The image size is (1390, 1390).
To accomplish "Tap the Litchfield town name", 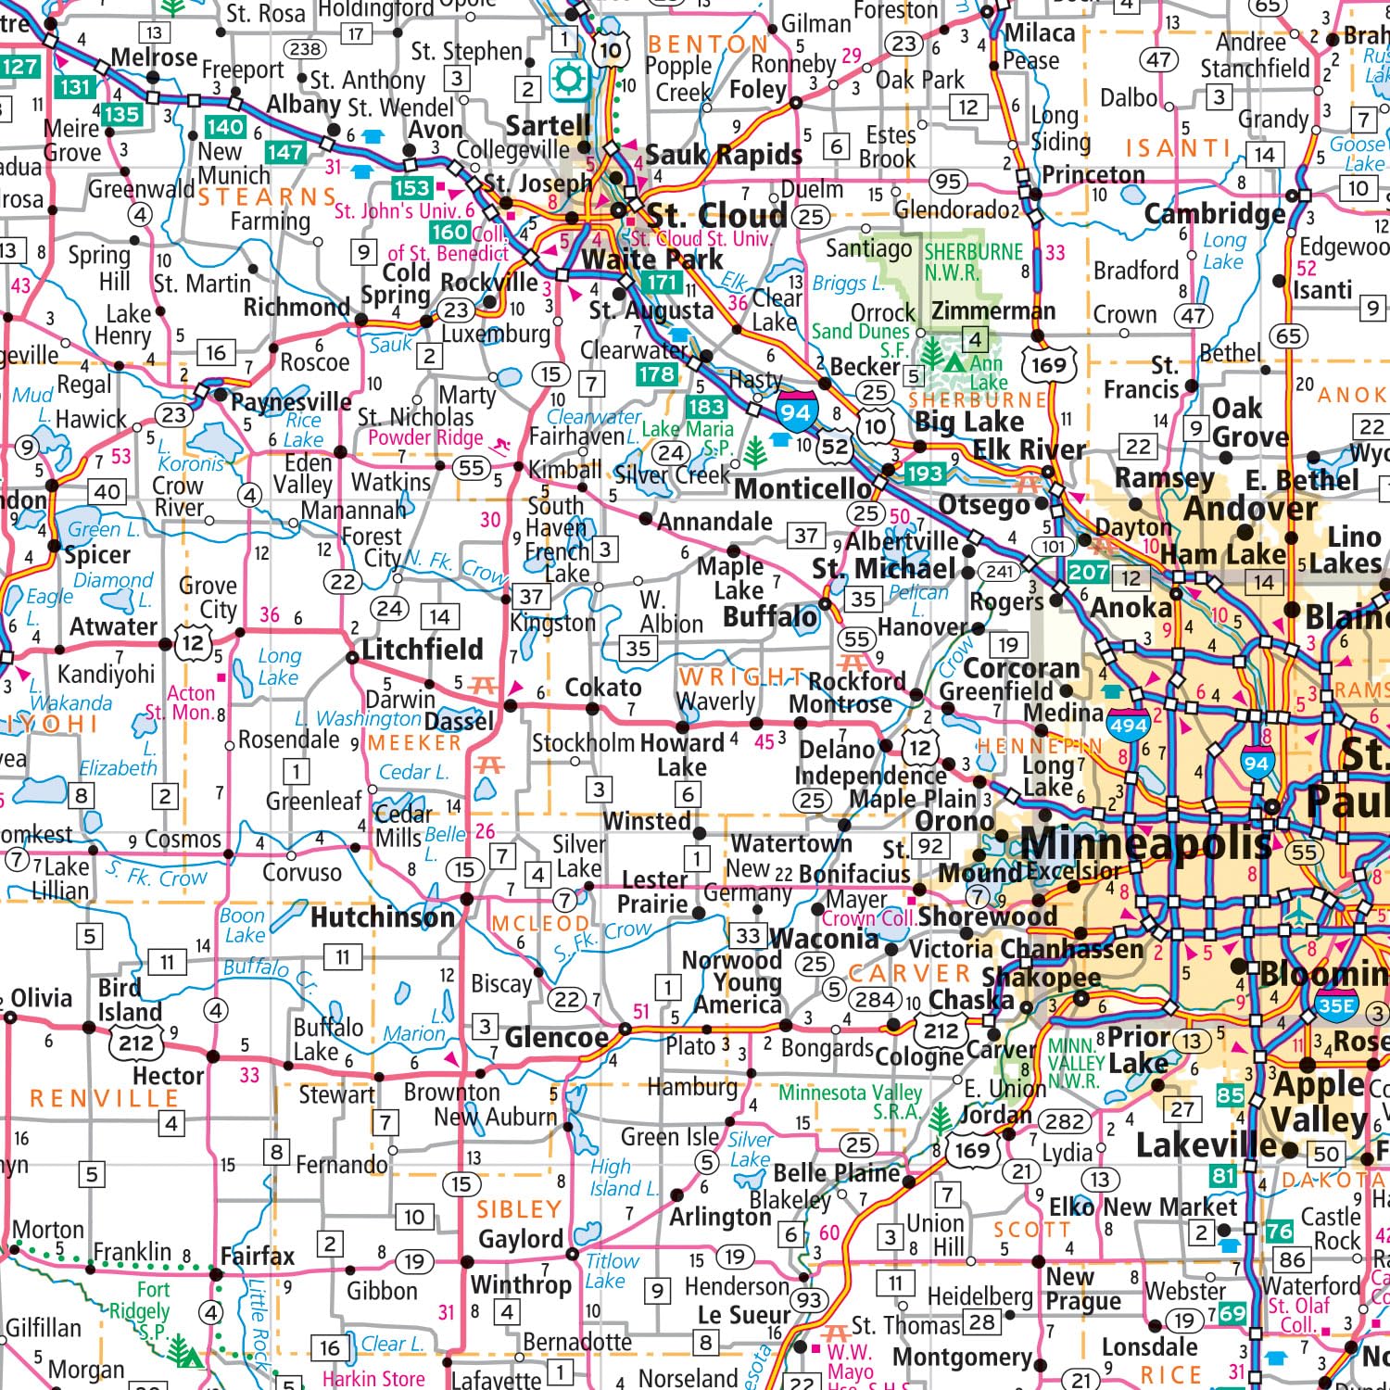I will (x=422, y=650).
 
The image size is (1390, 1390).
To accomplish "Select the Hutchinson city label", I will (x=383, y=917).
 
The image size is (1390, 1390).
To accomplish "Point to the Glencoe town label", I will (x=556, y=1038).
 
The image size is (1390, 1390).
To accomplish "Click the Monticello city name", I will (x=802, y=488).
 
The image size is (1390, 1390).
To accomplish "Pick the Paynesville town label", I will (x=291, y=401).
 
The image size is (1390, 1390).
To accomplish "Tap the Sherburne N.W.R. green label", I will (x=973, y=262).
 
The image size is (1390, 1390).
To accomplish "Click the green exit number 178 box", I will (x=656, y=374).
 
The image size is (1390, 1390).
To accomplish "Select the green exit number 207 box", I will (x=1087, y=572).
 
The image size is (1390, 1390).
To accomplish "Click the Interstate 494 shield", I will (x=1128, y=723).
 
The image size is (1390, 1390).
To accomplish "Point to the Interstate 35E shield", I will (x=1335, y=1004).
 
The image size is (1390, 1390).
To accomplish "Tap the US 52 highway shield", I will (x=834, y=448).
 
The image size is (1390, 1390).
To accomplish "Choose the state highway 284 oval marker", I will (x=875, y=1000).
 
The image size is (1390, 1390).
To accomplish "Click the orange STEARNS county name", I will (x=267, y=196).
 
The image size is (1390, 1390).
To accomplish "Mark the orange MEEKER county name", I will (x=414, y=743).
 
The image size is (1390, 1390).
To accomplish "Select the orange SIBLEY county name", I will (x=519, y=1209).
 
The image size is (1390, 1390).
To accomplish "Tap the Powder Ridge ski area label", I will (x=426, y=437).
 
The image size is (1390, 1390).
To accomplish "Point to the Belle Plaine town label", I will (x=836, y=1173).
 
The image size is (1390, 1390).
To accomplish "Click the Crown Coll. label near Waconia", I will (x=868, y=918).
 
